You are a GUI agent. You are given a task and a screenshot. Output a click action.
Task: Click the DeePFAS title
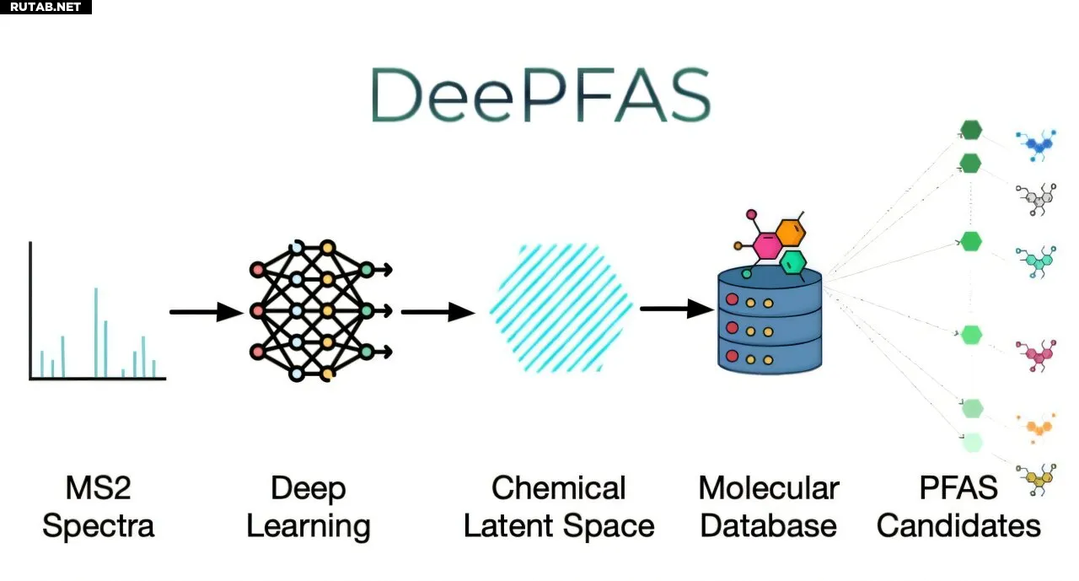539,94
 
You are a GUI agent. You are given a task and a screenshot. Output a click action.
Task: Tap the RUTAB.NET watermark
46,7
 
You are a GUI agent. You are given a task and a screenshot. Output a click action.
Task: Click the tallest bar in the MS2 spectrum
96,332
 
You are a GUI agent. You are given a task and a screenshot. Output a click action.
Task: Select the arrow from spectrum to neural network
206,312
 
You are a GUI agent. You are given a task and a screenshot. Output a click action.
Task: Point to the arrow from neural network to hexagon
438,312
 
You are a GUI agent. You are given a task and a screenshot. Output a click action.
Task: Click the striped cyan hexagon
561,308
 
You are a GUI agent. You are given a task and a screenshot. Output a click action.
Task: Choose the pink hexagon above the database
768,245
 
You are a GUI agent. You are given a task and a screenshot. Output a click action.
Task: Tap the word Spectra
99,526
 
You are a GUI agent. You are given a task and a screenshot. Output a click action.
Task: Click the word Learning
308,526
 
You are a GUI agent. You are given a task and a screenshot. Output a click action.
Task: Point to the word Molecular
769,488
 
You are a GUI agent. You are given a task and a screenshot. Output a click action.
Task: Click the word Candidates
958,526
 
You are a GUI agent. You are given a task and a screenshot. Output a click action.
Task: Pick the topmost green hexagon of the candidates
972,130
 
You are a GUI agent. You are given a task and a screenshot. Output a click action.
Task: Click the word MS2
99,488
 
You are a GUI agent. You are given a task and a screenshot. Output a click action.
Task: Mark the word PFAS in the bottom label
958,488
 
